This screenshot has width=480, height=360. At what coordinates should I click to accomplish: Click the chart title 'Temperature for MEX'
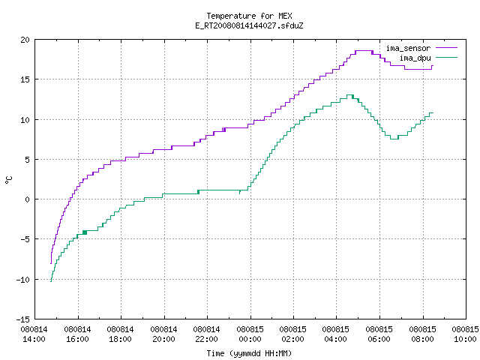pyautogui.click(x=249, y=16)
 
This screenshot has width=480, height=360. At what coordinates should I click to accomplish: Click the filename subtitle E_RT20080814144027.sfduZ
pyautogui.click(x=249, y=25)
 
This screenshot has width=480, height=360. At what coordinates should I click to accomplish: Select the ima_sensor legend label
pyautogui.click(x=408, y=48)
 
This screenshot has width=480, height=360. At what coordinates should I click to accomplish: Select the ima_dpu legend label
pyautogui.click(x=415, y=58)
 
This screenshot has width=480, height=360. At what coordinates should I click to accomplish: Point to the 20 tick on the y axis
pyautogui.click(x=25, y=40)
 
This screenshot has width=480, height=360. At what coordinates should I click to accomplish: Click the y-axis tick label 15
pyautogui.click(x=25, y=79)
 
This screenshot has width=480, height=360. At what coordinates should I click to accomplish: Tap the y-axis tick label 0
pyautogui.click(x=27, y=199)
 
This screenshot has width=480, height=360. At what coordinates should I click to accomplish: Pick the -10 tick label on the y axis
pyautogui.click(x=23, y=280)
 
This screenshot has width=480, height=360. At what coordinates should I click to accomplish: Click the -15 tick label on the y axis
pyautogui.click(x=23, y=319)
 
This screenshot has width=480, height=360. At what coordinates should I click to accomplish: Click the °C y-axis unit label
pyautogui.click(x=8, y=180)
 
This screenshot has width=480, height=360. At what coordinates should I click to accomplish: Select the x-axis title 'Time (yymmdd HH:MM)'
pyautogui.click(x=249, y=353)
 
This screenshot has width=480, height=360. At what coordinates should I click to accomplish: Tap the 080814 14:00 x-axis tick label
pyautogui.click(x=34, y=334)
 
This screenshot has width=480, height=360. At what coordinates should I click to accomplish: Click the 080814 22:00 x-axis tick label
pyautogui.click(x=207, y=334)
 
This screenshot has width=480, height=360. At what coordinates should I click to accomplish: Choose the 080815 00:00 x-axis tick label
pyautogui.click(x=250, y=334)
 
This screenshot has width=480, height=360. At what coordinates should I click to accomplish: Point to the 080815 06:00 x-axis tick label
pyautogui.click(x=379, y=334)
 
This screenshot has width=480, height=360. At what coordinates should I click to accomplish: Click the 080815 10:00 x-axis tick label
pyautogui.click(x=465, y=334)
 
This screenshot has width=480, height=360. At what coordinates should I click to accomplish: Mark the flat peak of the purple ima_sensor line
pyautogui.click(x=364, y=51)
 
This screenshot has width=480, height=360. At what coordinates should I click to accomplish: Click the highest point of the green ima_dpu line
pyautogui.click(x=350, y=95)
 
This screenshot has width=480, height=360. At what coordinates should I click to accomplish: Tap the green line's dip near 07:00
pyautogui.click(x=394, y=139)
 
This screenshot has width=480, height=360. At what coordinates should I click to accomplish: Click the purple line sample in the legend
pyautogui.click(x=446, y=48)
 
